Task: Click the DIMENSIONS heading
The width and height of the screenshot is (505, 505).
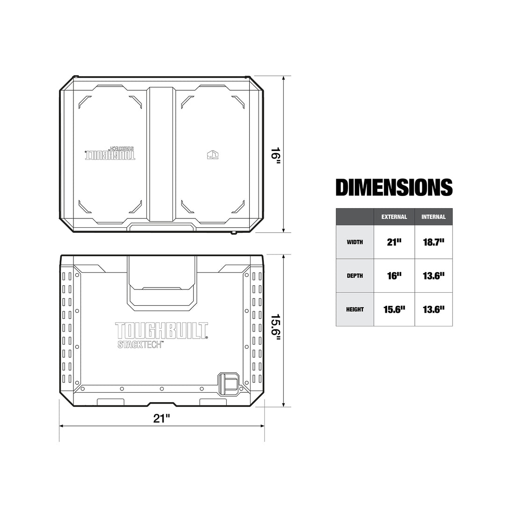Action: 394,188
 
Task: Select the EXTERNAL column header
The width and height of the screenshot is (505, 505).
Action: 394,217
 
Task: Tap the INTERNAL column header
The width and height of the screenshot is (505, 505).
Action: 433,217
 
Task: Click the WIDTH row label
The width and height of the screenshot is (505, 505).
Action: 355,242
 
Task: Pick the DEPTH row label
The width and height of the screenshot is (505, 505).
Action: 355,276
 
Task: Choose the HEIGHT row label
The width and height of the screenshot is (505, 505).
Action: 355,309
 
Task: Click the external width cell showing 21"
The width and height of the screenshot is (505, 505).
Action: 394,242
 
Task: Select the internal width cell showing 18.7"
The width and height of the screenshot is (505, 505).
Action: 433,242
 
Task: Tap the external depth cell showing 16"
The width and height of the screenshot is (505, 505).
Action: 394,276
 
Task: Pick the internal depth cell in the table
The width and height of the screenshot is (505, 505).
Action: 433,276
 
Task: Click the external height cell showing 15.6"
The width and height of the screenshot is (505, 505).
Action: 394,309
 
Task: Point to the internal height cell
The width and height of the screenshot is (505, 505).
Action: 433,309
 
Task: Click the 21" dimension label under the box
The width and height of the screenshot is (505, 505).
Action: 161,418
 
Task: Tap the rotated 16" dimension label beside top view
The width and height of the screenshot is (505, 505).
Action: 276,154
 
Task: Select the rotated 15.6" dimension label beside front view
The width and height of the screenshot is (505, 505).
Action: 276,330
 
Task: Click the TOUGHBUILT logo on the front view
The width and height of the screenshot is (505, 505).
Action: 162,331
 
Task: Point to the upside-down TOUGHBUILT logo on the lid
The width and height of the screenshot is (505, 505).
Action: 110,155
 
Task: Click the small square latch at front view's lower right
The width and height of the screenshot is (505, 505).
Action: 229,383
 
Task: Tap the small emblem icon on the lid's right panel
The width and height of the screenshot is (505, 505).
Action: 213,154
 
